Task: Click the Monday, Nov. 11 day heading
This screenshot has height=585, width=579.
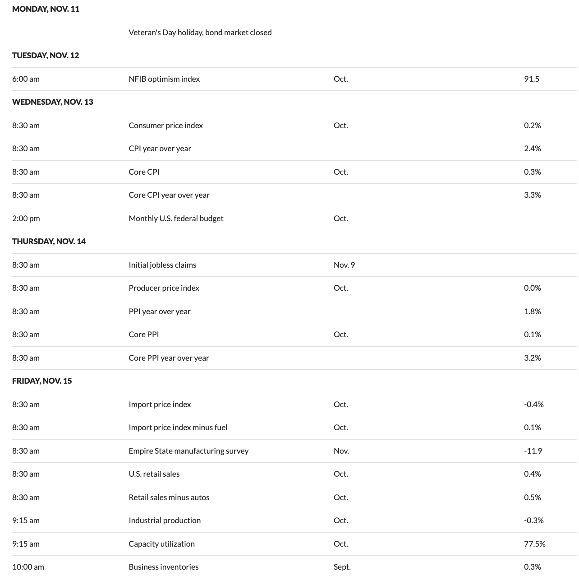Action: coord(46,9)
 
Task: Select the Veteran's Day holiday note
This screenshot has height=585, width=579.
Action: coord(200,32)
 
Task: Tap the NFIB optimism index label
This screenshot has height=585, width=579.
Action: coord(164,79)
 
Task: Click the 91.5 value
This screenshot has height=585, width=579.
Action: coord(531,79)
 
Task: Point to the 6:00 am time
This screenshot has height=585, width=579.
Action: coord(26,79)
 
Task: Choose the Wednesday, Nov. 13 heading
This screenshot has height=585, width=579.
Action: coord(52,102)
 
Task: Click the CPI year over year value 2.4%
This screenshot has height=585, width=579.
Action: coord(532,149)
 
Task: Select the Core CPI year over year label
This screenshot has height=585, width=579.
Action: coord(169,195)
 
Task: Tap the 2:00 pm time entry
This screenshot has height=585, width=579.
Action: coord(26,218)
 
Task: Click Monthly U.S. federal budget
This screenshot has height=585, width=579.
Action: coord(176,218)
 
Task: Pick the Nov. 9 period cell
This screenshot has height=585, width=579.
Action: coord(344,265)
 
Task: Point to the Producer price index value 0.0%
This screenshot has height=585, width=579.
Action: coord(532,288)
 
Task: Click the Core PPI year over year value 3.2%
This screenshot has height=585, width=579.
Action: coord(532,358)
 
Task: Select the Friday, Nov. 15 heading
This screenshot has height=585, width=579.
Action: coord(42,381)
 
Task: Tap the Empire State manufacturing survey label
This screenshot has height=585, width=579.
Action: coord(188,451)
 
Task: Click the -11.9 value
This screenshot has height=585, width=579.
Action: coord(533,451)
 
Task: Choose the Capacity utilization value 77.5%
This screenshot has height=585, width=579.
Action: coord(534,544)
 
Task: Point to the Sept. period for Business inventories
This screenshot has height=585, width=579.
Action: coord(342,567)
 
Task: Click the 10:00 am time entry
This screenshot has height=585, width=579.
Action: coord(28,567)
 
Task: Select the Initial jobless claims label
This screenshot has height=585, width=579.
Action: coord(162,265)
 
